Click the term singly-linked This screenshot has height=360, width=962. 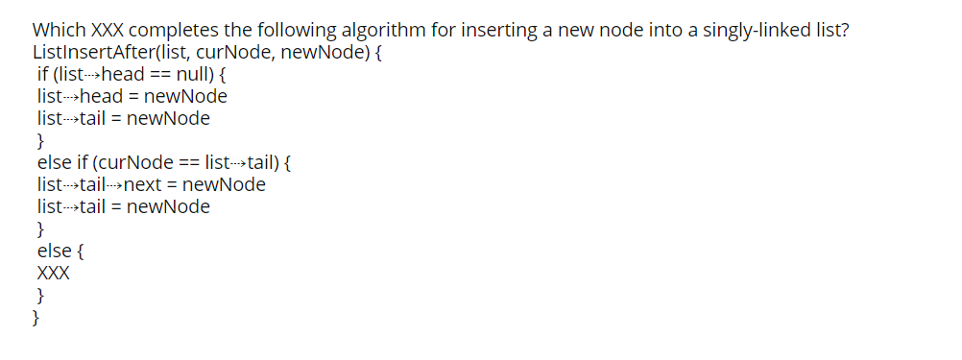tap(713, 30)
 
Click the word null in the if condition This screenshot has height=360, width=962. tap(197, 74)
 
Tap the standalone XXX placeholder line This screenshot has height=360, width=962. tap(53, 273)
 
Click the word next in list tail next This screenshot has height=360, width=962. tap(144, 184)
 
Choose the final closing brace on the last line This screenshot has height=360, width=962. tap(36, 317)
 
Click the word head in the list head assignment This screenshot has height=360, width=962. tap(103, 96)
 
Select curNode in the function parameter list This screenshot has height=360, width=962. tap(235, 52)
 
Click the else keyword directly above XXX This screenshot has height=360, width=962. tap(53, 251)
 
